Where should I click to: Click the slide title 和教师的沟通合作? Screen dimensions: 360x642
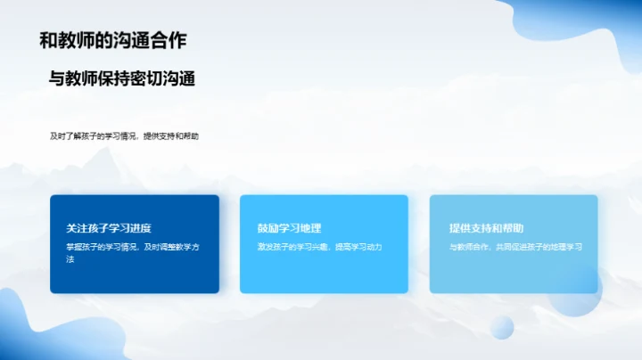[x=113, y=40]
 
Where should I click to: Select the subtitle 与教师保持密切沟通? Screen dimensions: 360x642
[x=122, y=79]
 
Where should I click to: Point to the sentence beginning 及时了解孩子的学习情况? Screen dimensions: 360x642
[x=125, y=136]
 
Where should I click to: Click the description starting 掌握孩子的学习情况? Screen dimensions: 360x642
[x=132, y=247]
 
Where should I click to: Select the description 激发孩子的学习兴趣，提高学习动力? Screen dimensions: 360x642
[x=319, y=247]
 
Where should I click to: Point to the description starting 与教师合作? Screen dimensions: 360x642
[x=515, y=247]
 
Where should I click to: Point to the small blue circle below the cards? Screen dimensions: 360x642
[x=502, y=327]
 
